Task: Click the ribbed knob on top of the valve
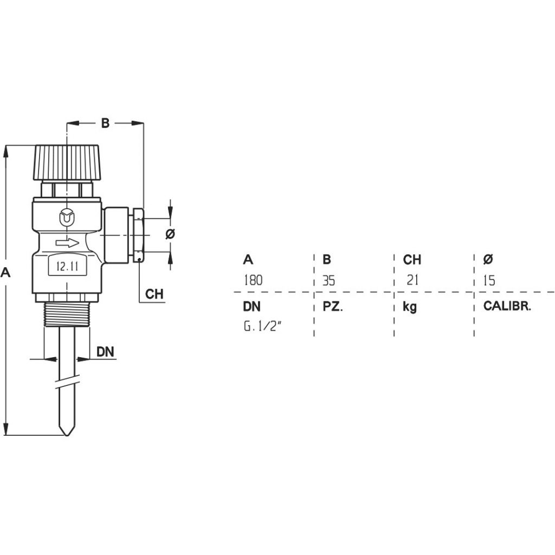[67, 162]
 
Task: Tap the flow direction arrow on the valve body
[67, 243]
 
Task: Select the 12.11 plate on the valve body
[68, 266]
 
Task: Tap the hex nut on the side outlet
[139, 234]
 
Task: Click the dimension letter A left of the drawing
[6, 273]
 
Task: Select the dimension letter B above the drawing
[106, 124]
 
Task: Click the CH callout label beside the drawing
[154, 294]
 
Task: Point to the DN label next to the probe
[105, 352]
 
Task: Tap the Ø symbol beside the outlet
[170, 234]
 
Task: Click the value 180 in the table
[253, 280]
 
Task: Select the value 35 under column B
[329, 281]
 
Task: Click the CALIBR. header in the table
[507, 306]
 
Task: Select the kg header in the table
[410, 307]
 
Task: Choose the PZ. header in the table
[333, 307]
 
